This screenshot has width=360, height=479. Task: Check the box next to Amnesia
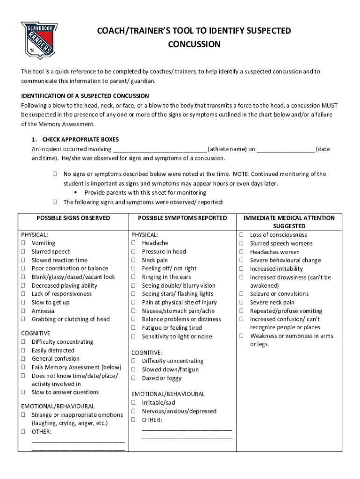(x=23, y=311)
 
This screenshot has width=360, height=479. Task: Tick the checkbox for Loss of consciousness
(x=242, y=235)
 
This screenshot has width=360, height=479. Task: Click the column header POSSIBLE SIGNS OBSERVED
(x=73, y=218)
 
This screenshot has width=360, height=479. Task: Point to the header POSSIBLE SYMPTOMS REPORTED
(x=182, y=218)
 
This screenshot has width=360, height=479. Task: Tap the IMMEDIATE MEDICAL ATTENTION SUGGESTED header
(x=289, y=222)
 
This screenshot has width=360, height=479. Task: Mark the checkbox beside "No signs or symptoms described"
(x=55, y=174)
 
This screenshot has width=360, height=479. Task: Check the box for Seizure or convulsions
(x=242, y=294)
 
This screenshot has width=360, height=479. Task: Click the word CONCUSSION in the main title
(x=194, y=44)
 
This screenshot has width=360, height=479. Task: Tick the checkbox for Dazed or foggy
(x=134, y=378)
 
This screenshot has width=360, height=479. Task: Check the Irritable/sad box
(x=134, y=402)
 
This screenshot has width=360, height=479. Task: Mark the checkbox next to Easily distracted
(x=23, y=350)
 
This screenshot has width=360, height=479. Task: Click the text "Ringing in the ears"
(x=166, y=277)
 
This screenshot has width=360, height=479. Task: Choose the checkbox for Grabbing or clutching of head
(x=23, y=319)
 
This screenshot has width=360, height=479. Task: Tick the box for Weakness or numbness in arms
(x=242, y=336)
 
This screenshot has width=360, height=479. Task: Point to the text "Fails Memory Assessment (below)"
(x=76, y=367)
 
